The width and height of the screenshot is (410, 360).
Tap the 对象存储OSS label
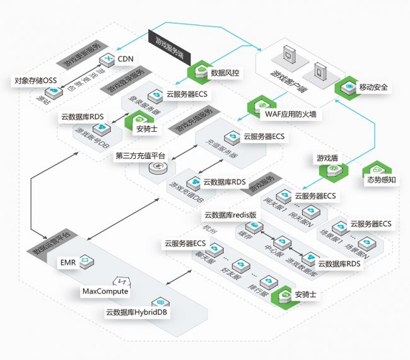35,81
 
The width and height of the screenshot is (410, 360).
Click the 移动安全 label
374,87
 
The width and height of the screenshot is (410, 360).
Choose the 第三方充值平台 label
140,155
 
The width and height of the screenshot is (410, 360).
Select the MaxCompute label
105,291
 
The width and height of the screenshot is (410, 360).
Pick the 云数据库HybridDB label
137,312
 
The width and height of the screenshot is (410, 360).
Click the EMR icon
86,260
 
